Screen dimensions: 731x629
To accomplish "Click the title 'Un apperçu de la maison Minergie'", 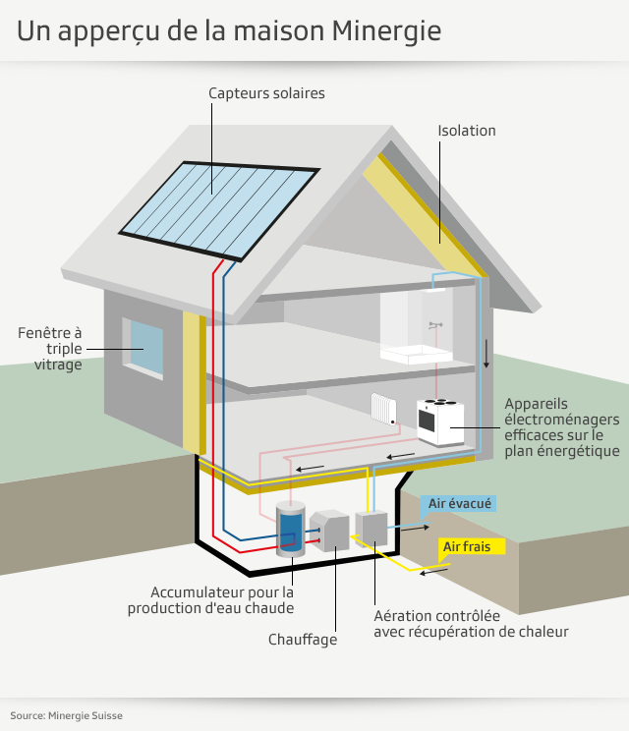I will coord(229,30).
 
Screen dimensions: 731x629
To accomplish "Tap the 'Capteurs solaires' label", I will coord(266,93).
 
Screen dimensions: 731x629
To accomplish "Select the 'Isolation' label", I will coord(467,130).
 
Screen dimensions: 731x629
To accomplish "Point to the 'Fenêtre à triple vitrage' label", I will coord(50,349).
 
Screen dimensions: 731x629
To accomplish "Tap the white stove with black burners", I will coord(438,420).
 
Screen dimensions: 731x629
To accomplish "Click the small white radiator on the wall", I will coord(382,409).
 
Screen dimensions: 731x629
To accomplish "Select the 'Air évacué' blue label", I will coord(459,504).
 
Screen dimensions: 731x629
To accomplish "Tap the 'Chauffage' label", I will coord(303,640).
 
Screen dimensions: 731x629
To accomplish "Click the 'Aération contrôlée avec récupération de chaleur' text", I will coord(471,624).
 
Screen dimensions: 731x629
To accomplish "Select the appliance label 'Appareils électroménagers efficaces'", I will coord(560,427).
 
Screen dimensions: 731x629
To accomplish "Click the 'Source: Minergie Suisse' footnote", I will coord(67,715).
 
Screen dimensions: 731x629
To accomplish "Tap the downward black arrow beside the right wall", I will coord(486,353).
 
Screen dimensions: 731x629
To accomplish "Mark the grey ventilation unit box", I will coord(372,529).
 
